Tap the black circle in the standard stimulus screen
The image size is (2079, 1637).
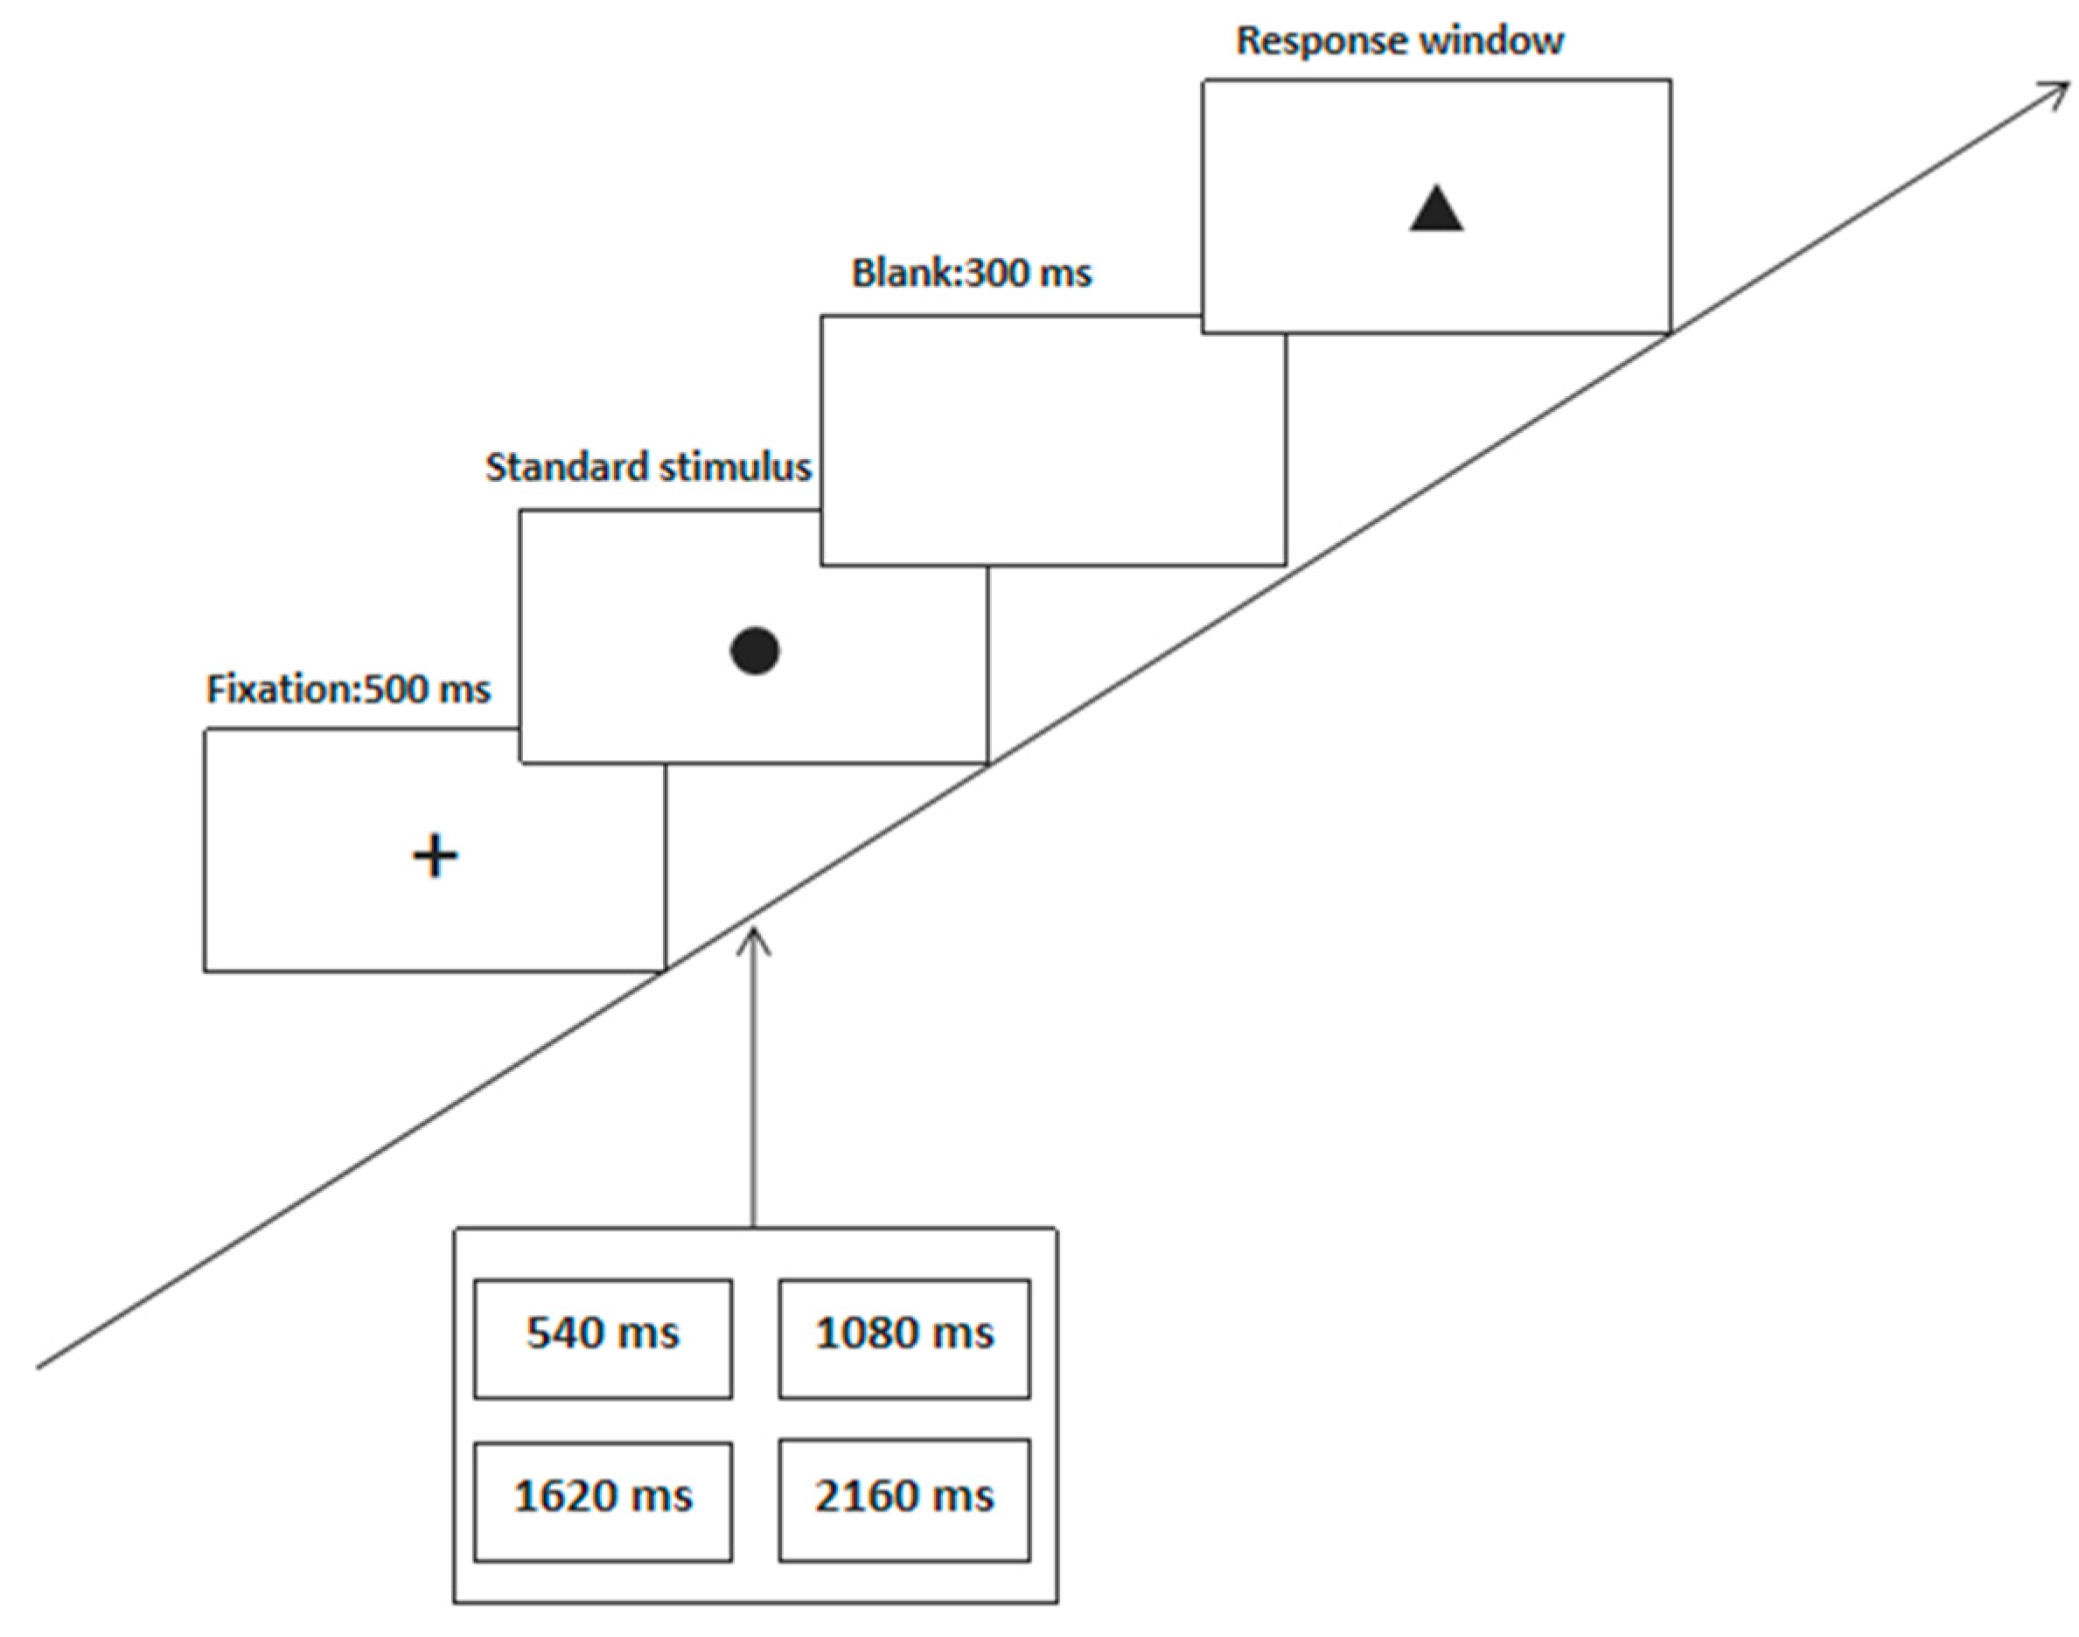click(x=754, y=651)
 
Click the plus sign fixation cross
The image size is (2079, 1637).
click(x=436, y=855)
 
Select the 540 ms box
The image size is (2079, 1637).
click(x=603, y=1338)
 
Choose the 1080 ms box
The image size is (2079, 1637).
click(x=903, y=1338)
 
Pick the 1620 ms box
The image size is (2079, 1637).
click(x=603, y=1501)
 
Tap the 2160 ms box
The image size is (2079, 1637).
click(x=903, y=1501)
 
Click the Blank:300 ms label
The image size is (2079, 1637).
click(x=971, y=274)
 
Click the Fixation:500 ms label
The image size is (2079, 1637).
click(x=348, y=690)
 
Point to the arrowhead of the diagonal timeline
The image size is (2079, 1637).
click(x=2061, y=88)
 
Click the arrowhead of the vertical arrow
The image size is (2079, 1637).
click(x=754, y=936)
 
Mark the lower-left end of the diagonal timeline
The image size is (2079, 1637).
click(x=40, y=1365)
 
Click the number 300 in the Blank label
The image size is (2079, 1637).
click(x=998, y=274)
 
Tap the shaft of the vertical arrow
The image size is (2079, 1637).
click(x=754, y=1083)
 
